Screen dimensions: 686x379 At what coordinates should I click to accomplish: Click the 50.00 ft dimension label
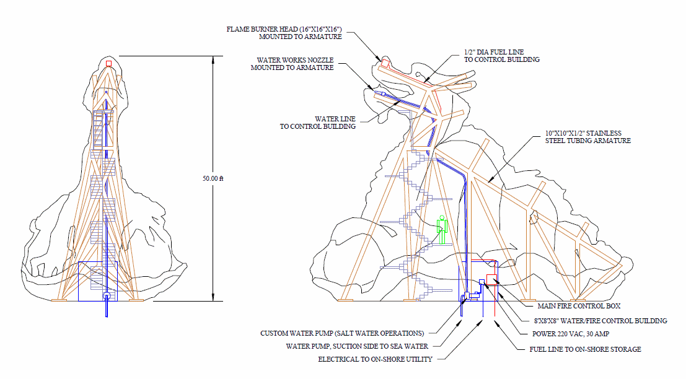pyautogui.click(x=213, y=178)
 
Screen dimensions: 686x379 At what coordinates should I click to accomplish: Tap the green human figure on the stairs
pyautogui.click(x=442, y=230)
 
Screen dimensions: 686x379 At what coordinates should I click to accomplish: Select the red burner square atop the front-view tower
pyautogui.click(x=109, y=63)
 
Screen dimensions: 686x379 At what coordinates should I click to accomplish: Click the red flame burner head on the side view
pyautogui.click(x=385, y=62)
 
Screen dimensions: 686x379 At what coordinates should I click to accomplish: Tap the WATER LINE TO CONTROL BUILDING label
pyautogui.click(x=318, y=123)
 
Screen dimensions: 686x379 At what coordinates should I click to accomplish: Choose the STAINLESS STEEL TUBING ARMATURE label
pyautogui.click(x=587, y=137)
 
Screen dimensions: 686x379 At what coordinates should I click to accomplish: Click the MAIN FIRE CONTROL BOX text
pyautogui.click(x=579, y=306)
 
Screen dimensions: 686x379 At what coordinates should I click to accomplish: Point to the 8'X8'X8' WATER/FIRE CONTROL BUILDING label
pyautogui.click(x=600, y=321)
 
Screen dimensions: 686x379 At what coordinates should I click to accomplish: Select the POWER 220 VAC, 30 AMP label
pyautogui.click(x=571, y=334)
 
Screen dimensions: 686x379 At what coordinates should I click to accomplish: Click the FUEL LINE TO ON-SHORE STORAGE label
pyautogui.click(x=585, y=349)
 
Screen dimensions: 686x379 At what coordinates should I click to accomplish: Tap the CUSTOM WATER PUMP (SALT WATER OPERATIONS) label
pyautogui.click(x=342, y=333)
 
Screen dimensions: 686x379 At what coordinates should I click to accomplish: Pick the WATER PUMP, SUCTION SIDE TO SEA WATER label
pyautogui.click(x=357, y=346)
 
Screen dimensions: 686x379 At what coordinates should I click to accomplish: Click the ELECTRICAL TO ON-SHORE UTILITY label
pyautogui.click(x=375, y=359)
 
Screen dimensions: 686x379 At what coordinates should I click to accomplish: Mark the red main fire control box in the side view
pyautogui.click(x=492, y=280)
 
